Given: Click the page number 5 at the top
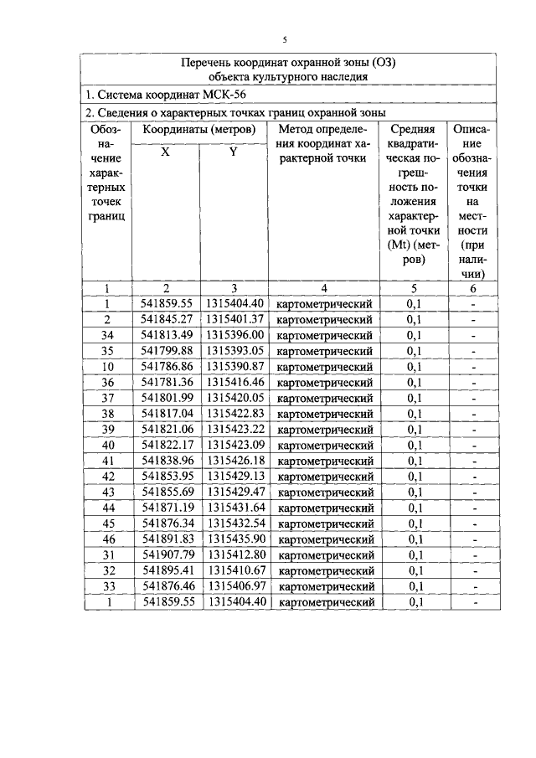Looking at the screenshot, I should tap(285, 39).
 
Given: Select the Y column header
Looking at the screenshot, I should tap(233, 152).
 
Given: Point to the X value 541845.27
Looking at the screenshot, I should tap(167, 319).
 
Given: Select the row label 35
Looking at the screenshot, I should tap(107, 350).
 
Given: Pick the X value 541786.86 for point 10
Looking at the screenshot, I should tap(167, 366).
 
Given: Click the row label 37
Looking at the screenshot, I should tap(107, 398).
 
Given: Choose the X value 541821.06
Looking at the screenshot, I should tap(167, 429).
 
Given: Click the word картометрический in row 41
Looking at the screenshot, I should tap(325, 461).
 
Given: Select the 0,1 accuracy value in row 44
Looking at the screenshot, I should tap(415, 508).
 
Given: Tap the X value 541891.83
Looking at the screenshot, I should tap(167, 539).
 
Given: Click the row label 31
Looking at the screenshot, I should tap(107, 554).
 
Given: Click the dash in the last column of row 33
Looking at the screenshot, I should tap(474, 586).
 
